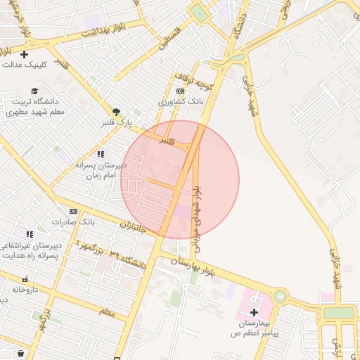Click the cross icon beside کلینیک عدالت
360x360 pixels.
click(x=25, y=54)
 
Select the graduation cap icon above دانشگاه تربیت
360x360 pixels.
click(x=34, y=91)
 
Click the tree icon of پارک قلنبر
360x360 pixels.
click(x=116, y=111)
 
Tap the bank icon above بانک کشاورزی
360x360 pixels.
click(x=181, y=91)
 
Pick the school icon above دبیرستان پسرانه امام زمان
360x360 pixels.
click(x=101, y=154)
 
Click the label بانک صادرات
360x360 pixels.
click(x=73, y=222)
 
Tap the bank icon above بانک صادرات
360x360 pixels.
click(x=73, y=211)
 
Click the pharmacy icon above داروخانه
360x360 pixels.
click(x=25, y=279)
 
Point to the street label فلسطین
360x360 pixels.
click(x=169, y=38)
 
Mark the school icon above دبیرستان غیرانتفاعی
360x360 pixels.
click(x=29, y=234)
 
